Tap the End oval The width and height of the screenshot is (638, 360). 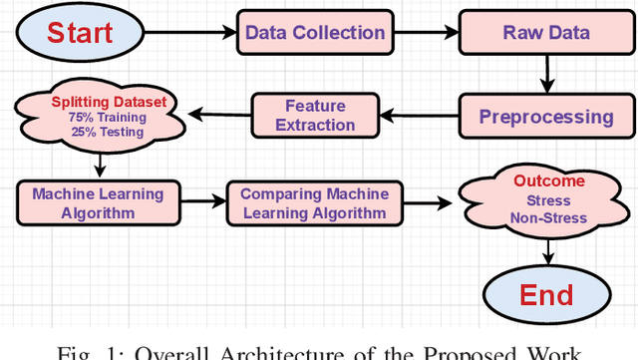pos(545,294)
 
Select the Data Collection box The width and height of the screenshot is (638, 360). pos(314,33)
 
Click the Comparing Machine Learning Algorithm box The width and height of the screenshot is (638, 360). pos(315,202)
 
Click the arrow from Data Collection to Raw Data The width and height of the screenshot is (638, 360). pos(426,34)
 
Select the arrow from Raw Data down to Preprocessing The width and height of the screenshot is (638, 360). pos(545,73)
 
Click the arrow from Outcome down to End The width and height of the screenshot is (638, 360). pos(545,248)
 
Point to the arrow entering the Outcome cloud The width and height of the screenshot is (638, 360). pos(432,202)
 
